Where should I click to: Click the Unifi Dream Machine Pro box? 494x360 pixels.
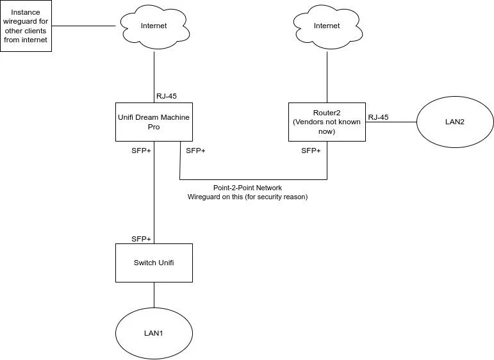click(154, 122)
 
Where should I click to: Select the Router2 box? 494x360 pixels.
click(327, 122)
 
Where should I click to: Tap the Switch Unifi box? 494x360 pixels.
click(154, 263)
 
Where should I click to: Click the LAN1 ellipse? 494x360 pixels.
click(154, 334)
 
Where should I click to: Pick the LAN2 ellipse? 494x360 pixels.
click(455, 122)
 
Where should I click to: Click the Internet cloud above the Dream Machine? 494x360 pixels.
click(154, 26)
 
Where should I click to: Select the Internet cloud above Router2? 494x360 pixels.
click(327, 26)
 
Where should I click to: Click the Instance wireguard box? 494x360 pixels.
click(26, 26)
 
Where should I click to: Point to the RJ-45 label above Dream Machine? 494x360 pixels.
click(167, 96)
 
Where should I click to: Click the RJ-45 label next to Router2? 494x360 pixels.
click(378, 117)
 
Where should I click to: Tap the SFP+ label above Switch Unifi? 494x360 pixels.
click(141, 238)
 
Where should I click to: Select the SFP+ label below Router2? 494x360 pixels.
click(311, 151)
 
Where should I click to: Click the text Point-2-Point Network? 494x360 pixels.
click(247, 188)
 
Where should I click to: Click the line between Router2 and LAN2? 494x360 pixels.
click(391, 122)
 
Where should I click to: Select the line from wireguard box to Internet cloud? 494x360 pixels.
click(83, 26)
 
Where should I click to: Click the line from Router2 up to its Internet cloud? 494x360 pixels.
click(327, 77)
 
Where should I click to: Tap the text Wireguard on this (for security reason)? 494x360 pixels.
click(247, 197)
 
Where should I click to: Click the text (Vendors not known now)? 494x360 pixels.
click(327, 126)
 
